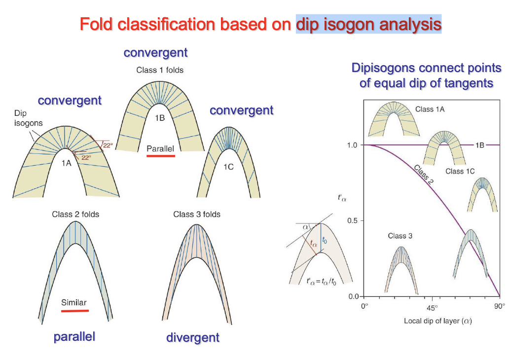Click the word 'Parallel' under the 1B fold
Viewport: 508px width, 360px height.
click(x=160, y=148)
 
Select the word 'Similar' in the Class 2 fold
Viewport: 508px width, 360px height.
click(x=74, y=302)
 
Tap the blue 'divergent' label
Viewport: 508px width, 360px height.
click(x=193, y=338)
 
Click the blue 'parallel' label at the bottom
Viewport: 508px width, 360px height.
click(x=74, y=337)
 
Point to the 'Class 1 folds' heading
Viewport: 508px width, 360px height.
click(x=160, y=70)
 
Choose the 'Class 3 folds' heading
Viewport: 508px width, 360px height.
click(x=197, y=214)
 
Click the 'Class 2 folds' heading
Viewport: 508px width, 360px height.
click(x=75, y=214)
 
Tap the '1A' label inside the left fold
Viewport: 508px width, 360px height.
click(x=66, y=164)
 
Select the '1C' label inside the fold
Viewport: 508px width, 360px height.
click(x=228, y=167)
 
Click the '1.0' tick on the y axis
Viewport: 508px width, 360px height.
click(x=353, y=145)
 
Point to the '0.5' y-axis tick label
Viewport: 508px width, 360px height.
click(x=353, y=220)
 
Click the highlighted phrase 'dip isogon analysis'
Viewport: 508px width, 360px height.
click(x=368, y=24)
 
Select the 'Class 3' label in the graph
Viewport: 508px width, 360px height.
click(x=400, y=236)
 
